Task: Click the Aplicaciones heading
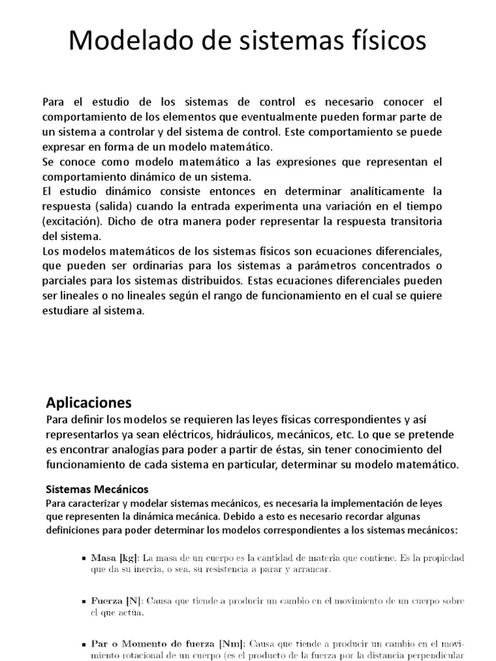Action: (88, 403)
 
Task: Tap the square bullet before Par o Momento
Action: (85, 644)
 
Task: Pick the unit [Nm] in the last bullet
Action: (231, 644)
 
